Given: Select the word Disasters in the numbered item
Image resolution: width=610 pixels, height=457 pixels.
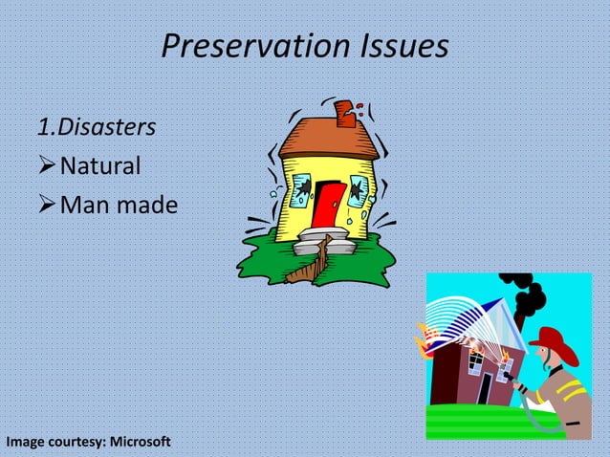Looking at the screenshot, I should coord(107,126).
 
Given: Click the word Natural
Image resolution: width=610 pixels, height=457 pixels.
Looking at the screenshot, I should coord(100,166).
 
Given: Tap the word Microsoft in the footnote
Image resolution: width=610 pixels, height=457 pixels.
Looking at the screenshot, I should coord(141,442).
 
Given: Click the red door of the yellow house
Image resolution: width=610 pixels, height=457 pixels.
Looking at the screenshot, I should coord(329,205).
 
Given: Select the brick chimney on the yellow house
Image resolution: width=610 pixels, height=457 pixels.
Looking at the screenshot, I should coord(347,113).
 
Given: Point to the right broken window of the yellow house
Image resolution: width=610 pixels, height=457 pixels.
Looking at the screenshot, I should coord(360,189).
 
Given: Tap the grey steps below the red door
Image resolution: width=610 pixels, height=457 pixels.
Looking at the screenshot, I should coord(319,243).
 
